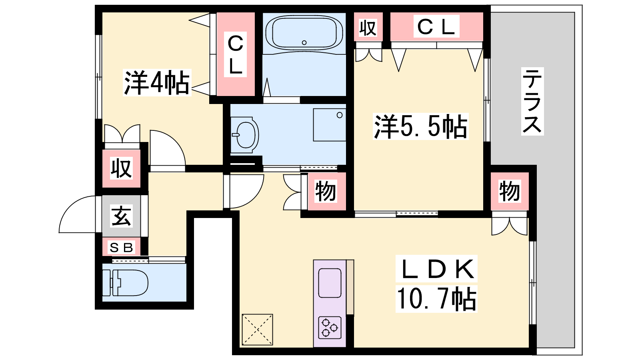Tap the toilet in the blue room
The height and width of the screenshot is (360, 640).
coord(125,282)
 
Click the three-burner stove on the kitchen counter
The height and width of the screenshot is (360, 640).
coord(330,328)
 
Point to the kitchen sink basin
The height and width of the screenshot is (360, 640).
coord(330,283)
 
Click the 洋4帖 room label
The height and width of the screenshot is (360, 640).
coord(156,82)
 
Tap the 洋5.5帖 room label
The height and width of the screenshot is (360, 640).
coord(420,126)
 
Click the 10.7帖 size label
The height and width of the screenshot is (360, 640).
coord(436,299)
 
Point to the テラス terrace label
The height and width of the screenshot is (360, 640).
coord(532,101)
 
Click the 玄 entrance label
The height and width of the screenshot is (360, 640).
coord(122,216)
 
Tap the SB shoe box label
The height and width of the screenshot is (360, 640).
coord(122,248)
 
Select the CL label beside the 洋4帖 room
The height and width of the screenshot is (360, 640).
coord(235,54)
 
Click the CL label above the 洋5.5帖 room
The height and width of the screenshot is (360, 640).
coord(436,27)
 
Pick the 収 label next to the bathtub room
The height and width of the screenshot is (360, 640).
coord(368,28)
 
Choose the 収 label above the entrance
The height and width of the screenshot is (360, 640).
coord(122,168)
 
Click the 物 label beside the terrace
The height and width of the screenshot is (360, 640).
coord(510,191)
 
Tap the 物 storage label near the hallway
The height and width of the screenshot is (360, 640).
coord(326,191)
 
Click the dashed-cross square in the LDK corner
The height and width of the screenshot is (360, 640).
coord(258,330)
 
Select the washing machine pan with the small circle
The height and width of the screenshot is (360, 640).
coord(330,125)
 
